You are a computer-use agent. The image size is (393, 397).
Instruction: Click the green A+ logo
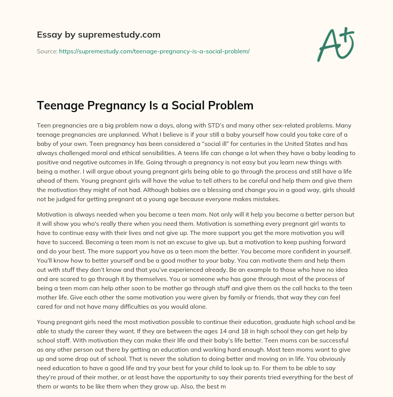[x=335, y=44]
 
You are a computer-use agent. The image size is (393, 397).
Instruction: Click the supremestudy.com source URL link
[x=154, y=51]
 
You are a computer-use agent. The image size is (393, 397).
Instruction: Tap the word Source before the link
[x=46, y=51]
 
